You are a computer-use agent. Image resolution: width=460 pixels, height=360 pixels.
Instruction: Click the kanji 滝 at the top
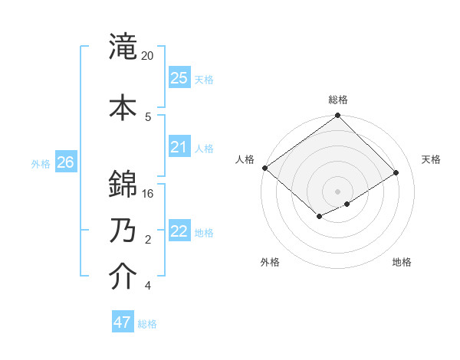(123, 47)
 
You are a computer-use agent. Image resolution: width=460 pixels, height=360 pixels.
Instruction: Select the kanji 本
(123, 107)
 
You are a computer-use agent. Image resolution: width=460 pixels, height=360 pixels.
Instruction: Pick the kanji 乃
(123, 230)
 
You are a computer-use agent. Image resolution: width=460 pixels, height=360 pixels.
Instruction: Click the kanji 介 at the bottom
(123, 277)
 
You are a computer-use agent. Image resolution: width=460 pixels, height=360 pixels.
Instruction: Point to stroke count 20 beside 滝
(148, 56)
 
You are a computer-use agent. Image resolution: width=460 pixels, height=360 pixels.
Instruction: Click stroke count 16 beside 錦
(148, 193)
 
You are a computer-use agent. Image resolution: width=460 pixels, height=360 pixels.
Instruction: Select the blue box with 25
(179, 78)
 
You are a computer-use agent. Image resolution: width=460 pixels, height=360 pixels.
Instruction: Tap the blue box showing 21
(179, 147)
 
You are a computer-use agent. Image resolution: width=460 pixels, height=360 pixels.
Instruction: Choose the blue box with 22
(179, 231)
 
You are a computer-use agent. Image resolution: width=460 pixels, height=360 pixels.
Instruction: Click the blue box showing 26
(65, 162)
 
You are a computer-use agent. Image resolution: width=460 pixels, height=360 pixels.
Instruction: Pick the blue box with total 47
(123, 322)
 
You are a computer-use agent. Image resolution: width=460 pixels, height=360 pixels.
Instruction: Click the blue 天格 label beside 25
(204, 79)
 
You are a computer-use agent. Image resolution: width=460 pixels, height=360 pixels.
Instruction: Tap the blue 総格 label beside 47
(147, 324)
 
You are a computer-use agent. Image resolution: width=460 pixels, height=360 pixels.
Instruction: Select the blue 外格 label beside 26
(41, 163)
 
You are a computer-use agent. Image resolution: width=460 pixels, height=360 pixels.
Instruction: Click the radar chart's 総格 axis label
(338, 100)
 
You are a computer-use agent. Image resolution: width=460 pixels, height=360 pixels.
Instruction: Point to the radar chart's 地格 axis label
(402, 262)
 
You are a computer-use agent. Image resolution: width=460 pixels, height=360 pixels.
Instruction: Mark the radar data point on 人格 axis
(264, 168)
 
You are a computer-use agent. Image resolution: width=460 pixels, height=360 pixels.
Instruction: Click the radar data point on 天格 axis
(396, 173)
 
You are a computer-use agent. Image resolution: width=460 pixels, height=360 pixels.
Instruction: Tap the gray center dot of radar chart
(337, 191)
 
